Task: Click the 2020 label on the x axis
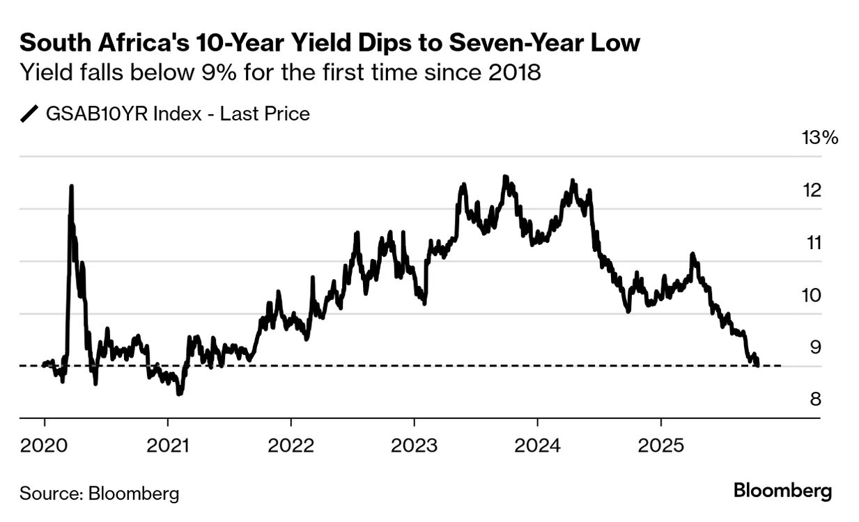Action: [44, 443]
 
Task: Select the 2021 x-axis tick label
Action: [167, 443]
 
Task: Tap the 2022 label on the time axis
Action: [291, 443]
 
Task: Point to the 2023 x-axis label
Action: [414, 443]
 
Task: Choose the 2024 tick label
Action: [537, 443]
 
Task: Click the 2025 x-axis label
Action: [660, 443]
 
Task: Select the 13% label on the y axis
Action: [820, 138]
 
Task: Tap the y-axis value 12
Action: [812, 190]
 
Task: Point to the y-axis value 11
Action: [812, 243]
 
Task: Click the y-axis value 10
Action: [812, 295]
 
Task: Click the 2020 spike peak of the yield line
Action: [71, 186]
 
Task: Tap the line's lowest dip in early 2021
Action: [179, 394]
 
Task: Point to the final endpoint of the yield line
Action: [757, 364]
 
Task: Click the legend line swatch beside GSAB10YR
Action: [30, 113]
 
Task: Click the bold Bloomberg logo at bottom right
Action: [782, 491]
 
